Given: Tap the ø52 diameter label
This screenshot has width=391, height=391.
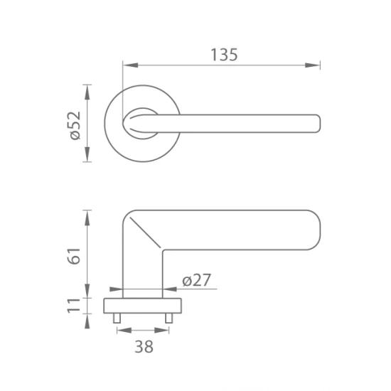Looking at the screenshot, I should tap(75, 124).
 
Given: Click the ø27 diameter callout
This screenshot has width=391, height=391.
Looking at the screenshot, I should tap(196, 280).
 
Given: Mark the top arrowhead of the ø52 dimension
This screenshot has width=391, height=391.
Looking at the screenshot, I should tap(88, 89).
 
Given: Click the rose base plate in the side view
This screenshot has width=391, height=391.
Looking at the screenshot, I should tap(142, 306).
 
